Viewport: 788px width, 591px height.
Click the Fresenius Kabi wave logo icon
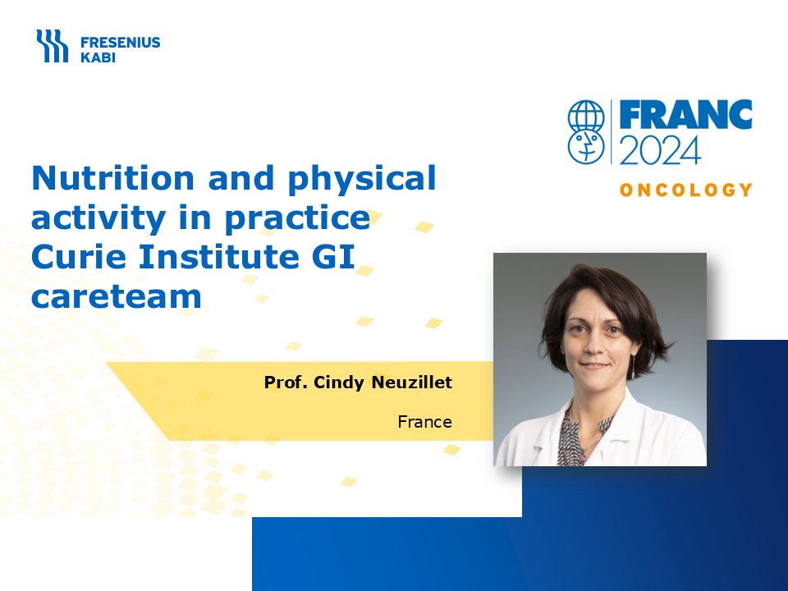[52, 46]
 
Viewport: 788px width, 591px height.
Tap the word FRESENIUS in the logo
[121, 42]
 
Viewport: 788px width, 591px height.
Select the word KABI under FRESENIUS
[98, 57]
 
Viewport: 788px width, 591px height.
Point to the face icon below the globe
[586, 146]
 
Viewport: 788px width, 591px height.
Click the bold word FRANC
[685, 115]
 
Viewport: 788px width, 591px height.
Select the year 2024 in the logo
[660, 149]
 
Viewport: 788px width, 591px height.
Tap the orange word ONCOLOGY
[686, 190]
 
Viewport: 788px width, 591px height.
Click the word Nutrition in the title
[113, 178]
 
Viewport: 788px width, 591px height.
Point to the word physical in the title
[362, 180]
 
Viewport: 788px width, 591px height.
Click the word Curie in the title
[79, 256]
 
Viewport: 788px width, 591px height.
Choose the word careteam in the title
[117, 296]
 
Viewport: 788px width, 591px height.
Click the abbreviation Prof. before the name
[286, 383]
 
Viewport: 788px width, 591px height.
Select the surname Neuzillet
[411, 383]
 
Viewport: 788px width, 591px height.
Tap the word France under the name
[424, 422]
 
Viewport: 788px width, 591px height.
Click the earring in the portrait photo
[634, 366]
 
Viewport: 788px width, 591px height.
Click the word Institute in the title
[219, 256]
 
